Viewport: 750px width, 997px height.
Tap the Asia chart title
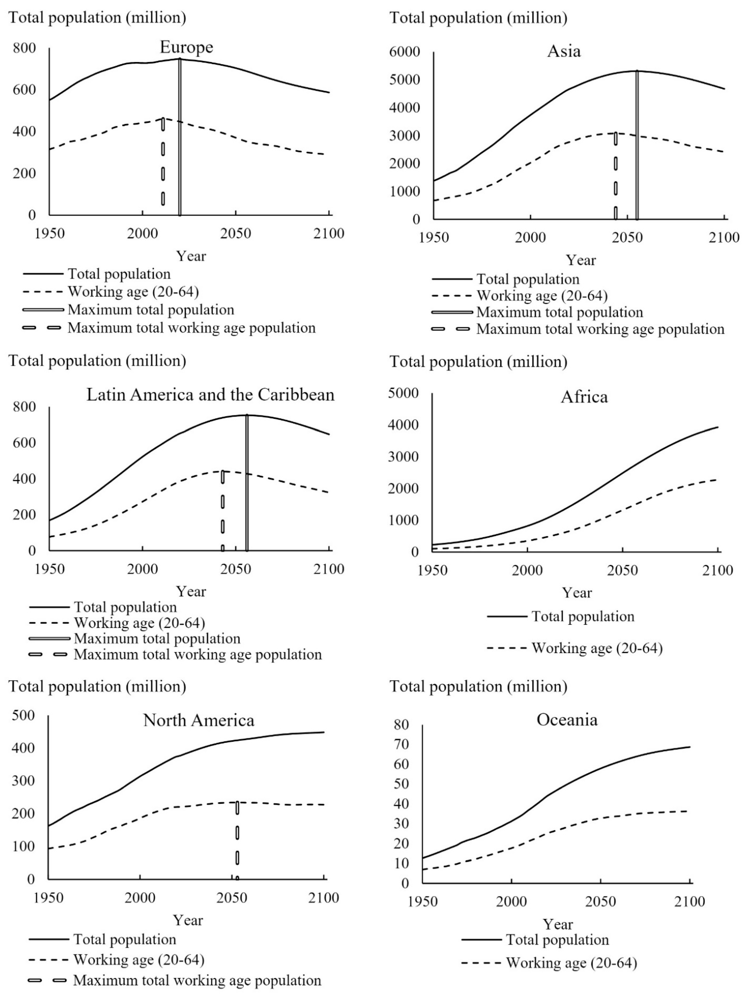[564, 51]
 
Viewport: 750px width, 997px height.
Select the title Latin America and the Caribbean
[210, 395]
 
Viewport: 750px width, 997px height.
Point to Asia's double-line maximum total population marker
[637, 144]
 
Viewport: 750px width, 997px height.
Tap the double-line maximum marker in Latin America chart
[247, 482]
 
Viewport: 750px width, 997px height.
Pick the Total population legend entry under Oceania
[557, 940]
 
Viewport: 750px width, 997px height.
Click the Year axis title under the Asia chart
[580, 260]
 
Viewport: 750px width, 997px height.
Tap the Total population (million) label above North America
[97, 686]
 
